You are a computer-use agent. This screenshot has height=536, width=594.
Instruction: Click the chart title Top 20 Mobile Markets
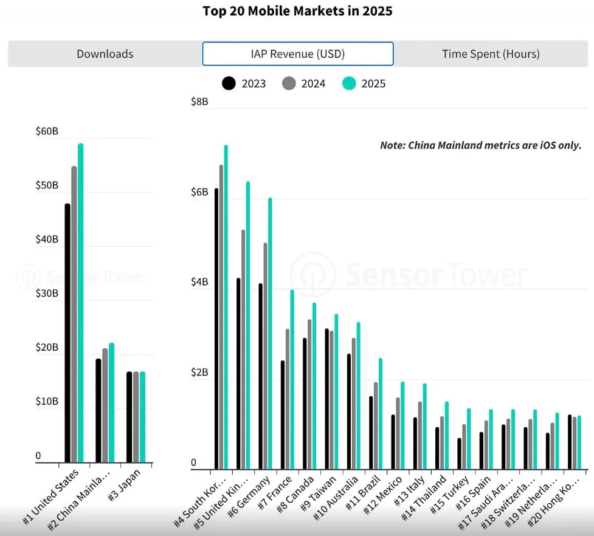point(297,12)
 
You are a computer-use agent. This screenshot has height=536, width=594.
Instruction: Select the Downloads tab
point(105,54)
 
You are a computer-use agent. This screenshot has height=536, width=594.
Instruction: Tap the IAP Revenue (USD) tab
point(298,54)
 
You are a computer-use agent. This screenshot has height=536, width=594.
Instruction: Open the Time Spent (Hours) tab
point(491,54)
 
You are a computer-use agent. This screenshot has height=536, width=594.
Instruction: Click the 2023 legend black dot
point(229,83)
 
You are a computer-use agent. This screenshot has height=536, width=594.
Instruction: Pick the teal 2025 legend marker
point(349,83)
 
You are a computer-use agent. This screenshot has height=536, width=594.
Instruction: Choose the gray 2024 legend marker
point(289,83)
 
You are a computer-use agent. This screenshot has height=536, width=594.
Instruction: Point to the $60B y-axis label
point(47,131)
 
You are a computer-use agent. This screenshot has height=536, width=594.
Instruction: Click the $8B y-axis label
point(199,101)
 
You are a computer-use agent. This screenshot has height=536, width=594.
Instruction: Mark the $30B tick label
point(47,294)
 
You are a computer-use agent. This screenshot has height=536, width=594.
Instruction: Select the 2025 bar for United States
point(80,304)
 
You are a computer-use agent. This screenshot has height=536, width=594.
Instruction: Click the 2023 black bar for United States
point(67,334)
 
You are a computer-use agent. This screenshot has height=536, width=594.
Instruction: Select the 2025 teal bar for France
point(292,380)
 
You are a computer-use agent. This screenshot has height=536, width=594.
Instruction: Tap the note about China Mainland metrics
point(480,145)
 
